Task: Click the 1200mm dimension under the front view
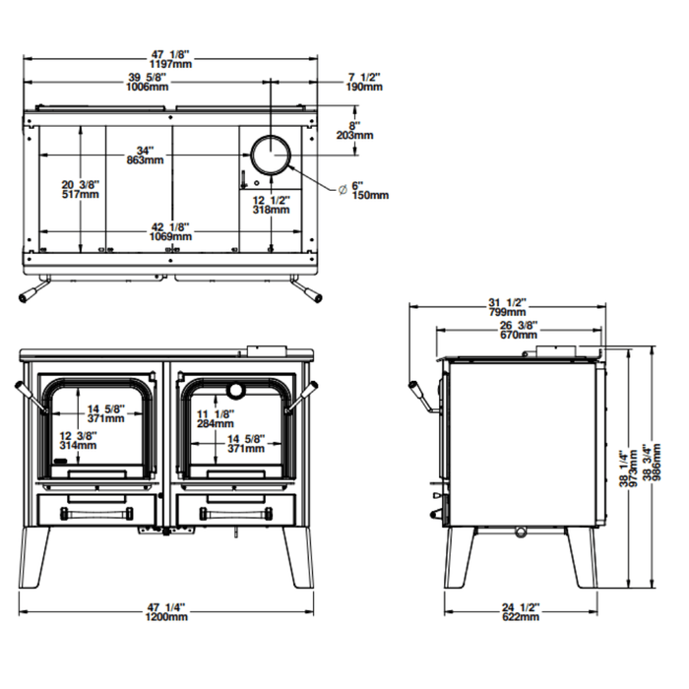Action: pos(166,617)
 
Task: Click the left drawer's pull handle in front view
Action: pos(95,514)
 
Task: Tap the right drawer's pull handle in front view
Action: pos(236,514)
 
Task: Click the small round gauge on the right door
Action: pos(236,385)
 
